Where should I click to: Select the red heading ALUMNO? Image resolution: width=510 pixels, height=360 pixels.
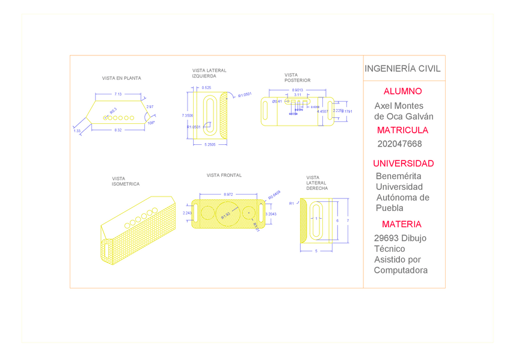point(402,91)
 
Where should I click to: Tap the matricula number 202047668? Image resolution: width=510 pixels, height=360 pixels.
point(399,144)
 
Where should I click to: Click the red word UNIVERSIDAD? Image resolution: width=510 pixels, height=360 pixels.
point(403,163)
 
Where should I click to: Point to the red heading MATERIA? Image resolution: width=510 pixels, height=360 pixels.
point(401,224)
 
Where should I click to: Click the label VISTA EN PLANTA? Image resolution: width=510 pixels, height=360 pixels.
point(121,78)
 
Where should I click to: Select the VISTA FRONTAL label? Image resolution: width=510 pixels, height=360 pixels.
point(224,175)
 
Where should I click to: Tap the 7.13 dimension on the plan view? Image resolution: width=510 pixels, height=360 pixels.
point(118,94)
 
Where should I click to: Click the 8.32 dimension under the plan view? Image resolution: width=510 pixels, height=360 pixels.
point(118,130)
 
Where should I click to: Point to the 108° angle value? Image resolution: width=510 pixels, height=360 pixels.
point(150,123)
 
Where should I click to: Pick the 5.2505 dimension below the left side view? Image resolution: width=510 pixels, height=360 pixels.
point(210,145)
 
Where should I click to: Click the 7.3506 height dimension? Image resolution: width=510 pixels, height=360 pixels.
point(187,115)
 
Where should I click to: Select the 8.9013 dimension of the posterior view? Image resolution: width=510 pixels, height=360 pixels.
point(297,90)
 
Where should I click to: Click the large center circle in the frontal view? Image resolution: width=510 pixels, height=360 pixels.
point(226,213)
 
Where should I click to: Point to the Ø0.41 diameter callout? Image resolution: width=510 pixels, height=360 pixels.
point(277,102)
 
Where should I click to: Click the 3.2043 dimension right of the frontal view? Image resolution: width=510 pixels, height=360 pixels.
point(271,214)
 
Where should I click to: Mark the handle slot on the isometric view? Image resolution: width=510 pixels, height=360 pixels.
point(107,249)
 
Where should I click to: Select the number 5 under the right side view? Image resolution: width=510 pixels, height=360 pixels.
point(316,251)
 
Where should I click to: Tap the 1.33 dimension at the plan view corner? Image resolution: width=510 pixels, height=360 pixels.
point(77,130)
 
